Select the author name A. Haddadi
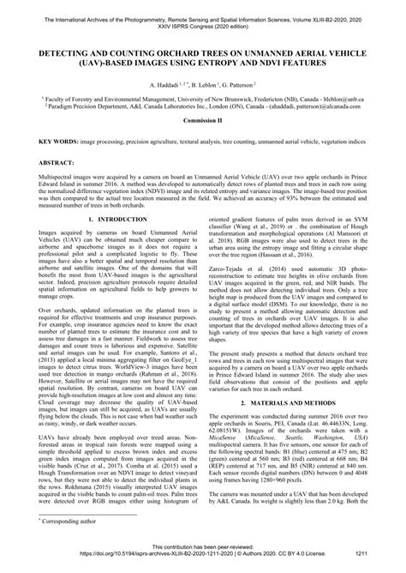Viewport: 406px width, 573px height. tap(167, 87)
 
